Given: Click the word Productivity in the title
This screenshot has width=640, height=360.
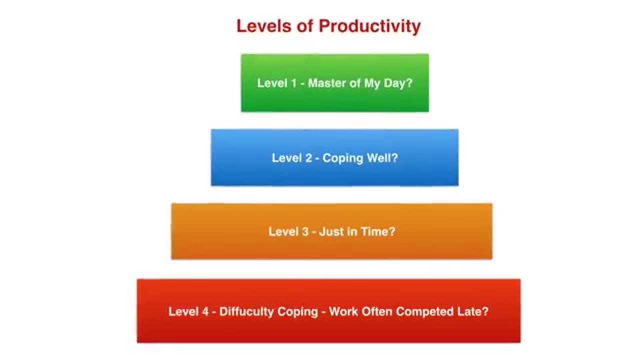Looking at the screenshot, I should pos(369,26).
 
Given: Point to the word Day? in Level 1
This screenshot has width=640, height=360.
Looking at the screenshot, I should pos(398,83).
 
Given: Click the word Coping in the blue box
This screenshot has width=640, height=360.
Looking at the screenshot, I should pos(342,158).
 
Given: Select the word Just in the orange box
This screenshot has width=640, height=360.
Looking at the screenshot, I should pos(330,231).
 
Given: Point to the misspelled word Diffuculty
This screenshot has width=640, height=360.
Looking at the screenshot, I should pos(247,311).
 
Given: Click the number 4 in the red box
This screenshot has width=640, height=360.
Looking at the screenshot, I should pos(204,311).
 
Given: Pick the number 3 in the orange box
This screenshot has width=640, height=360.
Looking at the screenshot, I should pos(305,231).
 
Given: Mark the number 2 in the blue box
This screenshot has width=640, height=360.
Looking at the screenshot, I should pos(308,158).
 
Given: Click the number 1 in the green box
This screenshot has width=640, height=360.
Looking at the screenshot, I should pos(293,83).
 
